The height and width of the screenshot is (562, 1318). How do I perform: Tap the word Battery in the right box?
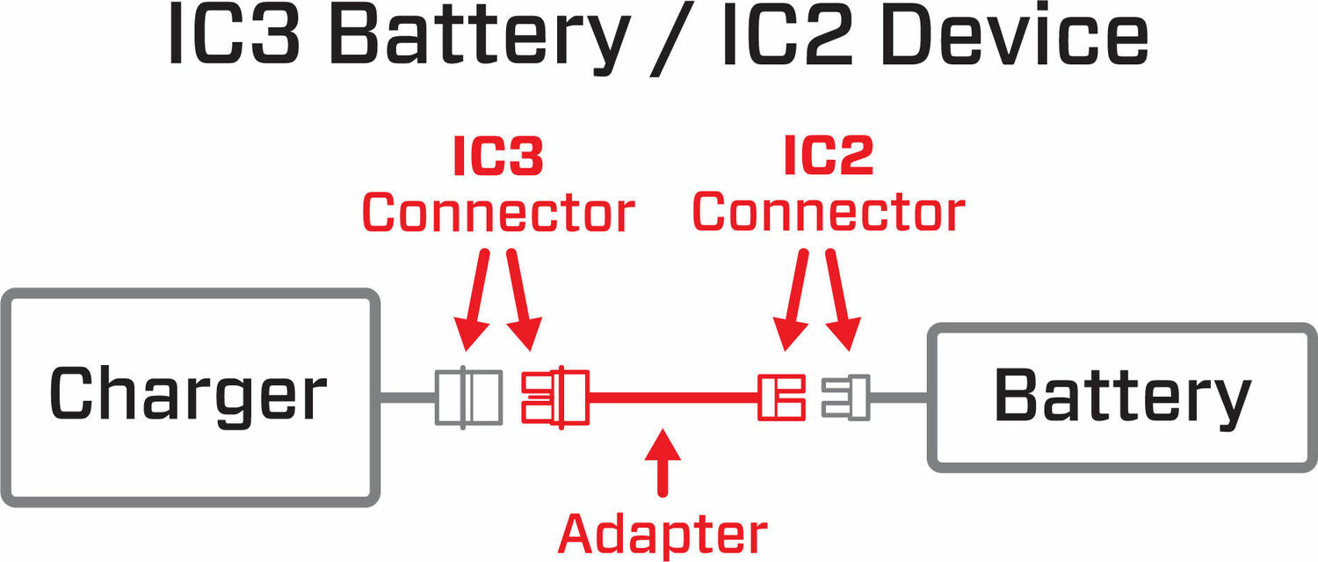[1122, 397]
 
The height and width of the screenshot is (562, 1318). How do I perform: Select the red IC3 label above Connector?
[497, 157]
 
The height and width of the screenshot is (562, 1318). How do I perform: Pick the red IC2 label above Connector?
[828, 157]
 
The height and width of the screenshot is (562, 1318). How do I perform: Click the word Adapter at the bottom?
[663, 533]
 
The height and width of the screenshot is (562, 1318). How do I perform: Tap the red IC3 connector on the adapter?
[554, 398]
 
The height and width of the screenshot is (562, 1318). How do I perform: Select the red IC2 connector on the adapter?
[782, 398]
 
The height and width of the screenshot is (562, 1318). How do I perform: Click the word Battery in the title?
[478, 40]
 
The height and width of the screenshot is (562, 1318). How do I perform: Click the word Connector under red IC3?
[497, 213]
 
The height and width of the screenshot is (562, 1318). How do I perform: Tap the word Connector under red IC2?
[829, 213]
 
